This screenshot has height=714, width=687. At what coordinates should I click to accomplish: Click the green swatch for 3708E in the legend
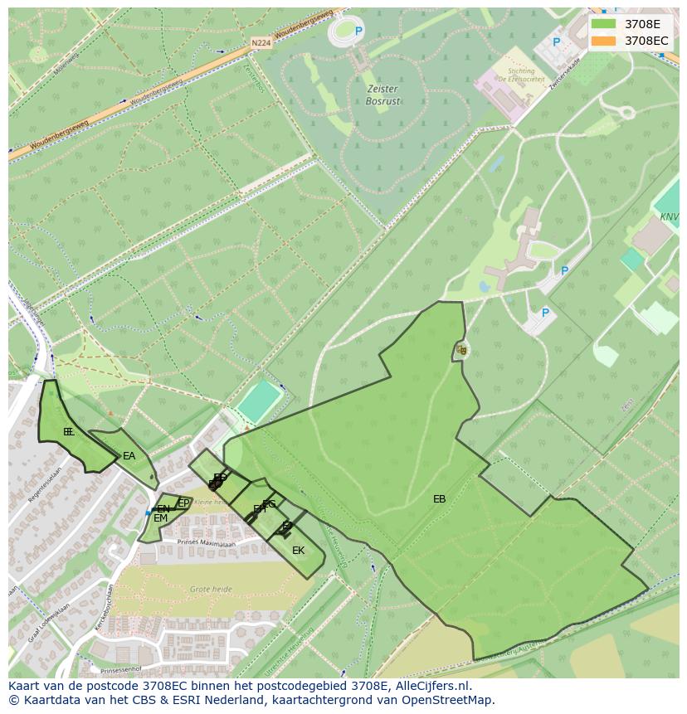pyautogui.click(x=603, y=24)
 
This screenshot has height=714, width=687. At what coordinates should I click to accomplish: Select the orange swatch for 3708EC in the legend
pyautogui.click(x=603, y=41)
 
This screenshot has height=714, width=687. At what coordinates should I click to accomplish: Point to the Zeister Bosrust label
pyautogui.click(x=382, y=95)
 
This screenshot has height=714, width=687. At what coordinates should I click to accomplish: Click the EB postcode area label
pyautogui.click(x=439, y=499)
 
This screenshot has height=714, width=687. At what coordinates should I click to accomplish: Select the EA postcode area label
pyautogui.click(x=129, y=456)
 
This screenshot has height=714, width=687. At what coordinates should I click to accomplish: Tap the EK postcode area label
pyautogui.click(x=298, y=551)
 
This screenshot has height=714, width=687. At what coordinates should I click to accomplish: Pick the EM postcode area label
pyautogui.click(x=160, y=518)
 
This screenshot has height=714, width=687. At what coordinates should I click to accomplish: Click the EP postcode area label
pyautogui.click(x=183, y=503)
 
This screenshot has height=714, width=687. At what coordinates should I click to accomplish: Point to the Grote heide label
pyautogui.click(x=211, y=589)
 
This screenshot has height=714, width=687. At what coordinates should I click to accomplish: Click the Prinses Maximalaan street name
pyautogui.click(x=207, y=542)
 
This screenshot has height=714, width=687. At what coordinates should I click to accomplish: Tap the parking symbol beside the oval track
pyautogui.click(x=359, y=32)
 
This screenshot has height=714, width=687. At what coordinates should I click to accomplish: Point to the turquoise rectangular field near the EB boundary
pyautogui.click(x=258, y=401)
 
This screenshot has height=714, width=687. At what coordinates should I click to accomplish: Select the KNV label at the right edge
pyautogui.click(x=669, y=216)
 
